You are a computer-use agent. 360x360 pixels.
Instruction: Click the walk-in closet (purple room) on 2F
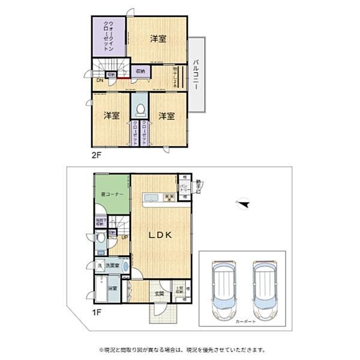coord(109,36)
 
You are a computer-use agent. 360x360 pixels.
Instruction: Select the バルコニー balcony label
coord(197,74)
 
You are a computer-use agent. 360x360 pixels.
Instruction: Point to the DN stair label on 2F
coord(98,80)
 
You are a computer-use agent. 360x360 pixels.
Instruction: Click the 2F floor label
coord(97,154)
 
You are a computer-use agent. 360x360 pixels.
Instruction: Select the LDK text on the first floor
coord(161,235)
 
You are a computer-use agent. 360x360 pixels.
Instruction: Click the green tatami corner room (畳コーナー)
coord(112,193)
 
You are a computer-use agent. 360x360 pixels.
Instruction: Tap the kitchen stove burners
coord(169,197)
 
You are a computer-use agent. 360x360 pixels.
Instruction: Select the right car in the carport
coord(265,290)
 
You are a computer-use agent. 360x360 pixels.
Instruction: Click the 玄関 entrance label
coord(158,293)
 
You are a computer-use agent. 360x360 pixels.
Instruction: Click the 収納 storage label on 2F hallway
coord(139,71)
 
